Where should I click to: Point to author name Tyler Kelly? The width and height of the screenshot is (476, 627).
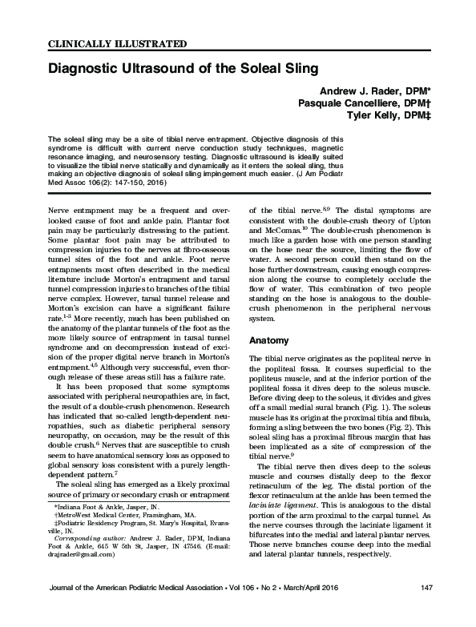coord(379,117)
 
